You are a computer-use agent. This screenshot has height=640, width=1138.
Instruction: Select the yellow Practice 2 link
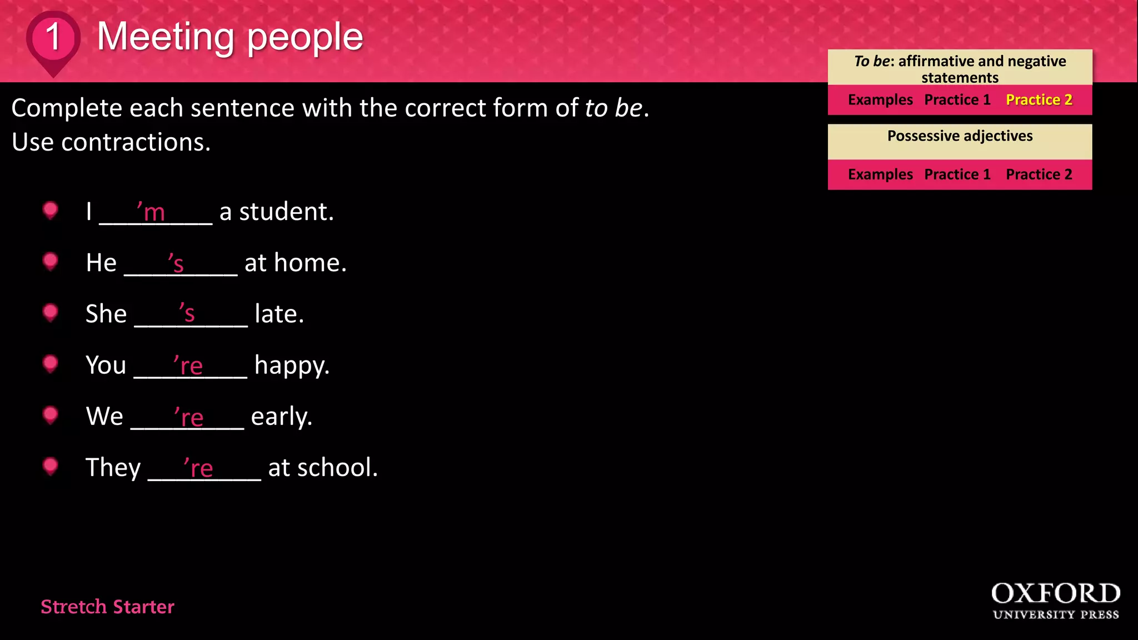(x=1039, y=100)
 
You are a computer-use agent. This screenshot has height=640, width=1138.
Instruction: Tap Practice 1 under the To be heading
(x=957, y=100)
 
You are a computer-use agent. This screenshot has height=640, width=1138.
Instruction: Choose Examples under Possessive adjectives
(x=880, y=174)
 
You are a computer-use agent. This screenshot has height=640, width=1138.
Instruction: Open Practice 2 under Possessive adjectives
(x=1039, y=174)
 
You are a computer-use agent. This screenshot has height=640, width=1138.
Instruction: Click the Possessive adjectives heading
(x=960, y=136)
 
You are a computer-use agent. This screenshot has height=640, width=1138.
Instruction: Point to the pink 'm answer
(x=151, y=211)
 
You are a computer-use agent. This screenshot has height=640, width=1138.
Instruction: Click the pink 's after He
(x=176, y=263)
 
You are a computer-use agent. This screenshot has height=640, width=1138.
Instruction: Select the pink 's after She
(x=187, y=313)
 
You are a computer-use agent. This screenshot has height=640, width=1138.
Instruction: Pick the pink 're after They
(x=198, y=468)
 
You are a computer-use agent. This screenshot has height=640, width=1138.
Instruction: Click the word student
(x=286, y=212)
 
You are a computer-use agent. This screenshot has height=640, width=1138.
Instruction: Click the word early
(x=281, y=417)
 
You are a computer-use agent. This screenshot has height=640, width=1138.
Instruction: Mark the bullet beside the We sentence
(x=51, y=414)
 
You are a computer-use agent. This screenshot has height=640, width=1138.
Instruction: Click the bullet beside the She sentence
(x=51, y=312)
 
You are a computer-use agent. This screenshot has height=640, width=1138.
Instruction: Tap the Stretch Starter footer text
(x=107, y=607)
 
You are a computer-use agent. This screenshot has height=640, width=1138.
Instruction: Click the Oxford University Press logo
(x=1055, y=601)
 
